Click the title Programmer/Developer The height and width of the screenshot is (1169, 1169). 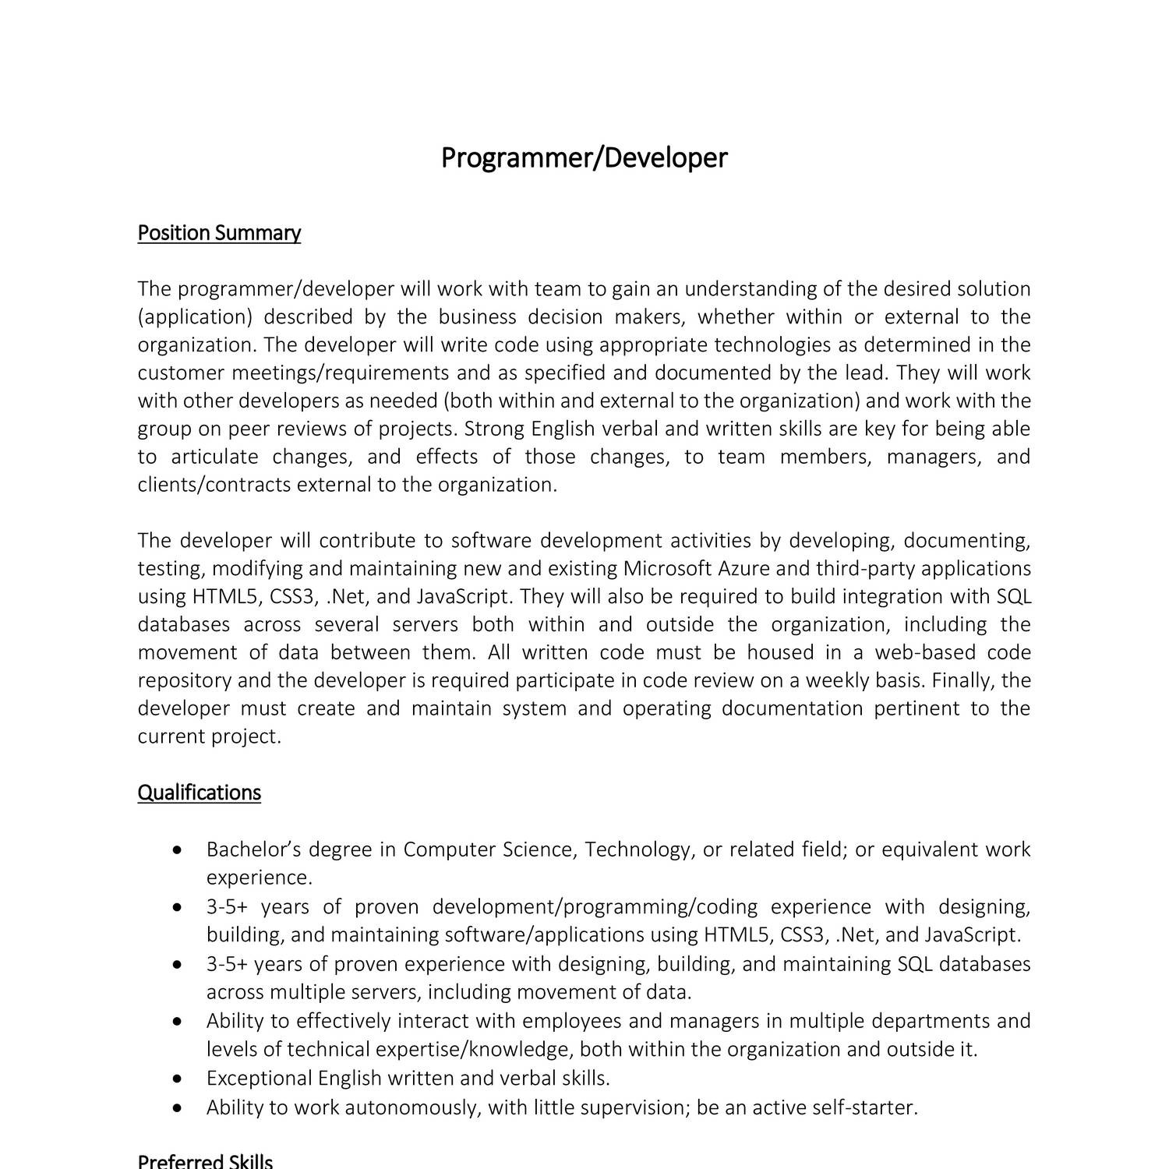[x=584, y=158]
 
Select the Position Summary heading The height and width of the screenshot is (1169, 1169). [x=219, y=233]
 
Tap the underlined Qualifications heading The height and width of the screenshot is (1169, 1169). [x=199, y=793]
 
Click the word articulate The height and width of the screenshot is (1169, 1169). [x=214, y=457]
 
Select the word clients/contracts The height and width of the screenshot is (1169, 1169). [x=214, y=485]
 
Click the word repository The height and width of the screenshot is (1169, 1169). [x=185, y=680]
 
